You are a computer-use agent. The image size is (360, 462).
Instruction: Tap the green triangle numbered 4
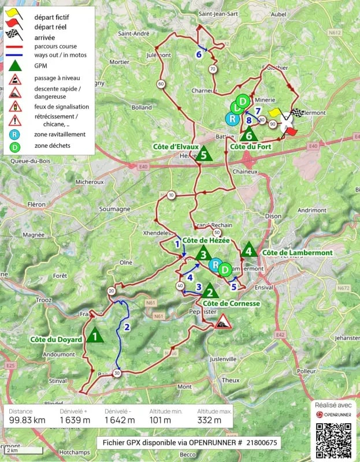pos(249,251)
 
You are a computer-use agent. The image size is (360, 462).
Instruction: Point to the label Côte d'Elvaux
pos(176,147)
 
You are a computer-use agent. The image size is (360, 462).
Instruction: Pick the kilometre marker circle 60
pos(160,84)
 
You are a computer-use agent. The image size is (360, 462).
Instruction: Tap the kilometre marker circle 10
pos(171,196)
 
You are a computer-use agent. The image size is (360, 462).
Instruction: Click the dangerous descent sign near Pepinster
pos(222,322)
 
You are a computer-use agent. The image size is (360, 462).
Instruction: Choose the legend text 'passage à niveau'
pos(57,78)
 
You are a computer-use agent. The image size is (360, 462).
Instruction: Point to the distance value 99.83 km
pos(27,420)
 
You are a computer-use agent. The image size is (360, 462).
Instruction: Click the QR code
pos(333,439)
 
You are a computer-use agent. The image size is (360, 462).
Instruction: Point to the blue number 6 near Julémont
pos(199,54)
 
